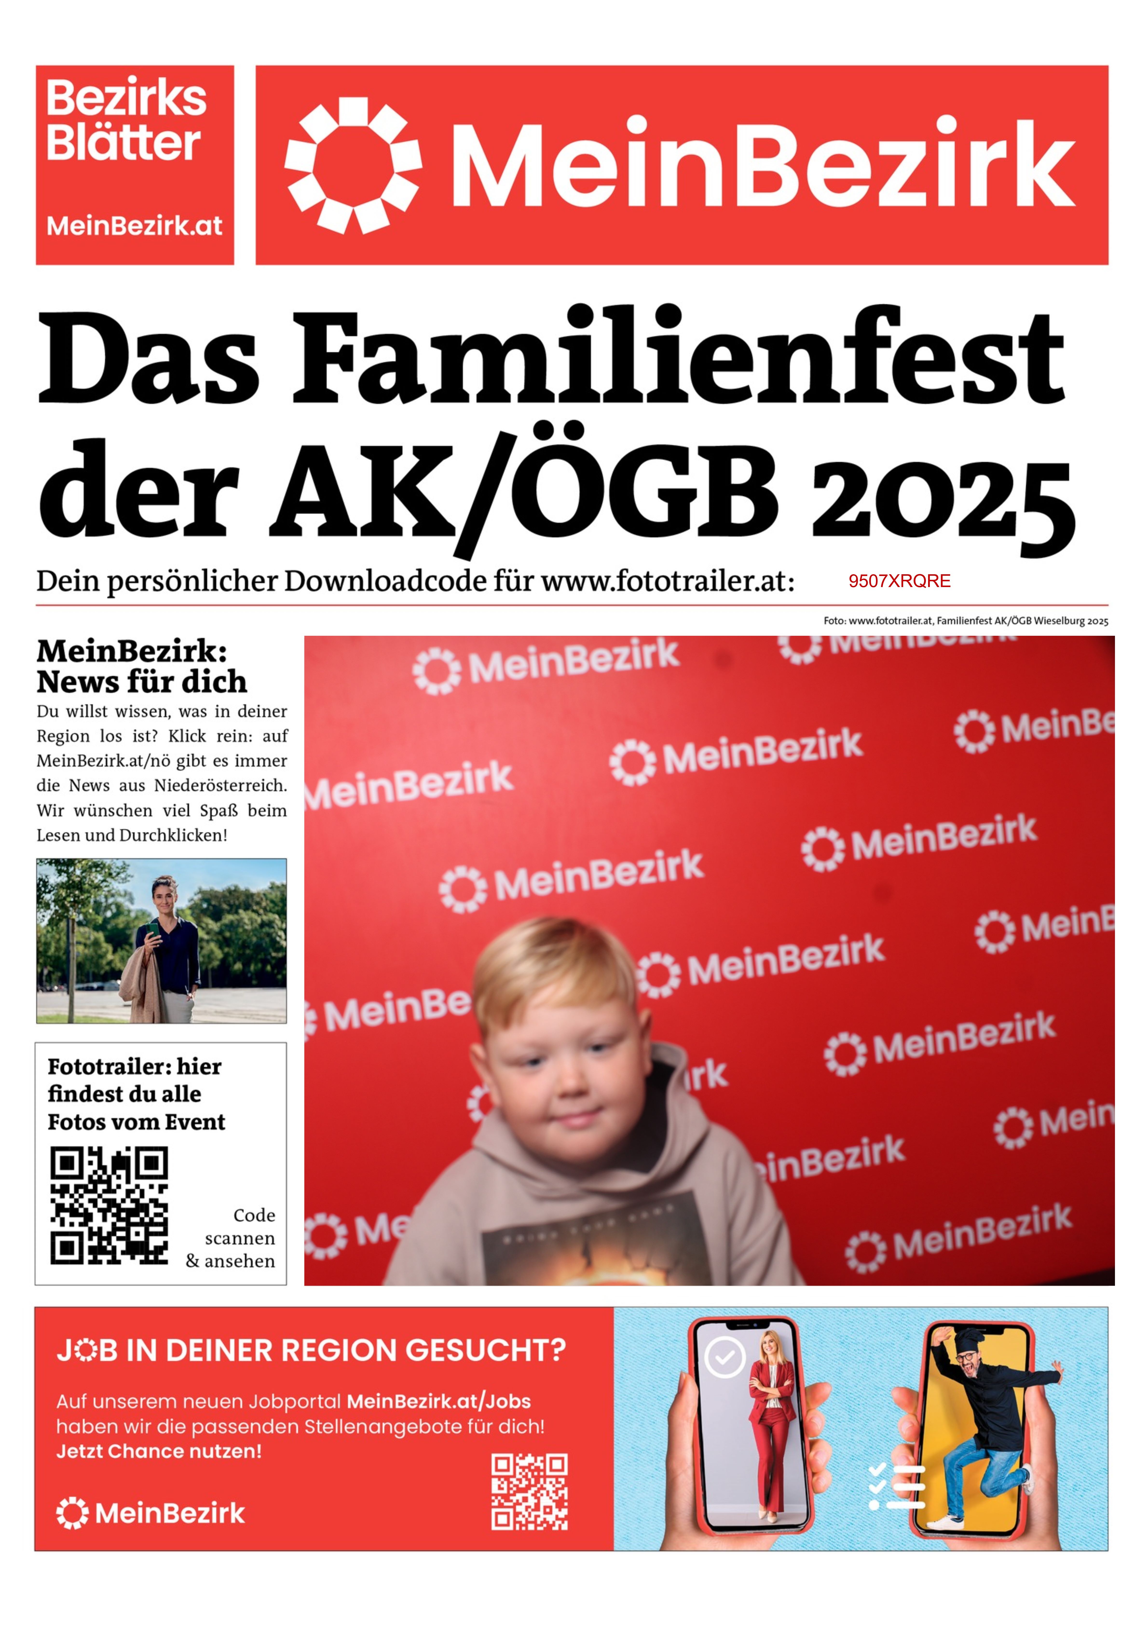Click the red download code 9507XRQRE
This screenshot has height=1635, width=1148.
(899, 581)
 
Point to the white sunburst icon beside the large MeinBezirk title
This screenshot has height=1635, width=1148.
(353, 165)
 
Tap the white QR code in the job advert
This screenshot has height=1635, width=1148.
(529, 1492)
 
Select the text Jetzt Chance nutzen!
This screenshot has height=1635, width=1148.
(159, 1451)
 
